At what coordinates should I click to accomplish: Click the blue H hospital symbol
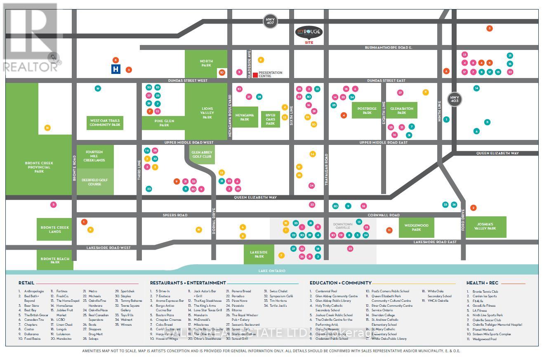pyautogui.click(x=116, y=69)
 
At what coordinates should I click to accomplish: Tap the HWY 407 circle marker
pyautogui.click(x=271, y=21)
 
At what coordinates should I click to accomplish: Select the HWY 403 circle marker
pyautogui.click(x=455, y=99)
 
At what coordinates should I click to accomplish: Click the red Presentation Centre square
pyautogui.click(x=255, y=75)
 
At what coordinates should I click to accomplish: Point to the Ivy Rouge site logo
pyautogui.click(x=309, y=33)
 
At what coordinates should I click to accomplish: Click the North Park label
pyautogui.click(x=206, y=63)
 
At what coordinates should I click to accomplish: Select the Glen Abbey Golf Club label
pyautogui.click(x=201, y=154)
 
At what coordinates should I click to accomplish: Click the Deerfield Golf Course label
pyautogui.click(x=95, y=182)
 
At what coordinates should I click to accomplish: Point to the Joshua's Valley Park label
pyautogui.click(x=485, y=227)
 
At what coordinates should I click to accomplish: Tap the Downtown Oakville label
pyautogui.click(x=342, y=226)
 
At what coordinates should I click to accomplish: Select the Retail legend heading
pyautogui.click(x=26, y=283)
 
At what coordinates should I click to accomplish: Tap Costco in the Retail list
pyautogui.click(x=30, y=329)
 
